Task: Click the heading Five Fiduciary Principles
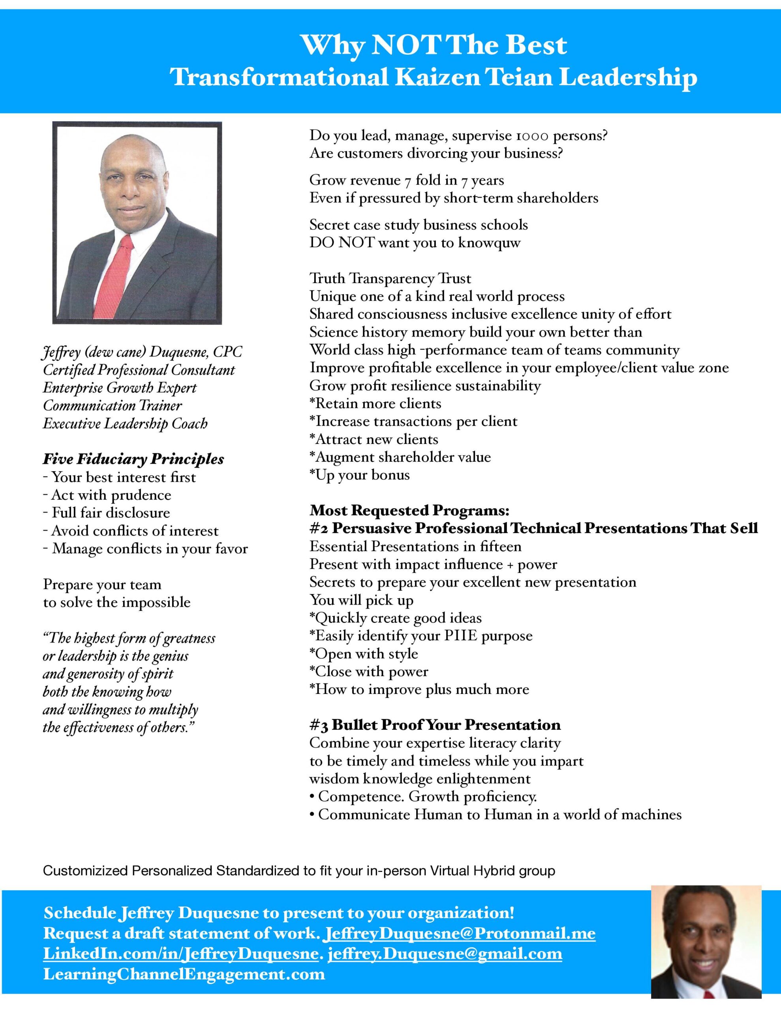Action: (133, 459)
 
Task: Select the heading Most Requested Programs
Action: (409, 510)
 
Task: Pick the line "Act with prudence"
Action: (111, 495)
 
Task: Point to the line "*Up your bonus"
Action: (360, 475)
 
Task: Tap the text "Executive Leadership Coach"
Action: (125, 424)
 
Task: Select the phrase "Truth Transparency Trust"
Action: (390, 279)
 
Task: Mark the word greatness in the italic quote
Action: (190, 638)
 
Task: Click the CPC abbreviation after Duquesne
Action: (227, 352)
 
